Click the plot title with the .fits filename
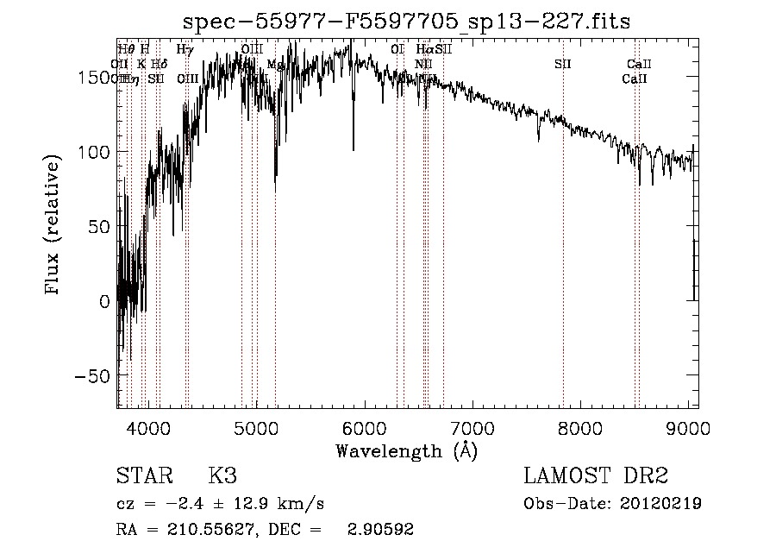coord(408,22)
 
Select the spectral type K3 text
coord(222,476)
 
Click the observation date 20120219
coord(660,503)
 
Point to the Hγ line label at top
coord(185,50)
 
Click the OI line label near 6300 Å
coord(397,50)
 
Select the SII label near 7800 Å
coord(562,64)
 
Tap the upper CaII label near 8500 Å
coord(639,64)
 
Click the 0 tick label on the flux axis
coord(105,301)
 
